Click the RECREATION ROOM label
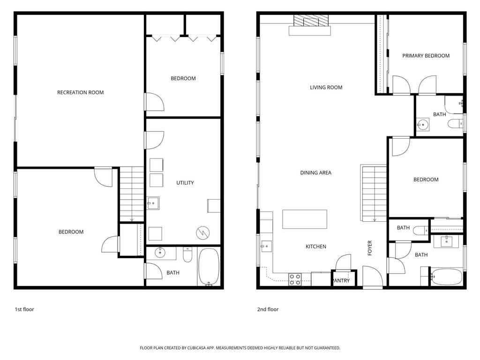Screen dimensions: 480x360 [x=80, y=92]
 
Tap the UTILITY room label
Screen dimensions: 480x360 [x=185, y=183]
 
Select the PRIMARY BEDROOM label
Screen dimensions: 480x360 [x=426, y=56]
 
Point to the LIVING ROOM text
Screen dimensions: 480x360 [x=326, y=87]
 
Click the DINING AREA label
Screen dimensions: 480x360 [x=315, y=172]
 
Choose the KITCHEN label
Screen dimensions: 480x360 [x=316, y=247]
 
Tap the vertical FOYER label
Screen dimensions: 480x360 [x=370, y=248]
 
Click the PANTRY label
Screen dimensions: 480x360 [x=342, y=280]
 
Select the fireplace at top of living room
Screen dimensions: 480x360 [x=310, y=25]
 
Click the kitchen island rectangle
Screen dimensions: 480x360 [x=305, y=219]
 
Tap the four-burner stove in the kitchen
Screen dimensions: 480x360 [x=295, y=279]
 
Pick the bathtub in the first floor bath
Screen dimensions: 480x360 [x=209, y=267]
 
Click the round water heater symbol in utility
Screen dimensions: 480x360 [x=202, y=233]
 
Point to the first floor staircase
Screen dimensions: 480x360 [x=132, y=194]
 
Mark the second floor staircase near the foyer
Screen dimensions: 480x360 [x=374, y=193]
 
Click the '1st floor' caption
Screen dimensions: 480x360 [x=24, y=309]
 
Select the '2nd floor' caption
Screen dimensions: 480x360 [x=268, y=309]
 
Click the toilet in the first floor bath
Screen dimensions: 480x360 [x=187, y=255]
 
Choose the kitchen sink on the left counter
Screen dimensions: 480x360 [x=266, y=246]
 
